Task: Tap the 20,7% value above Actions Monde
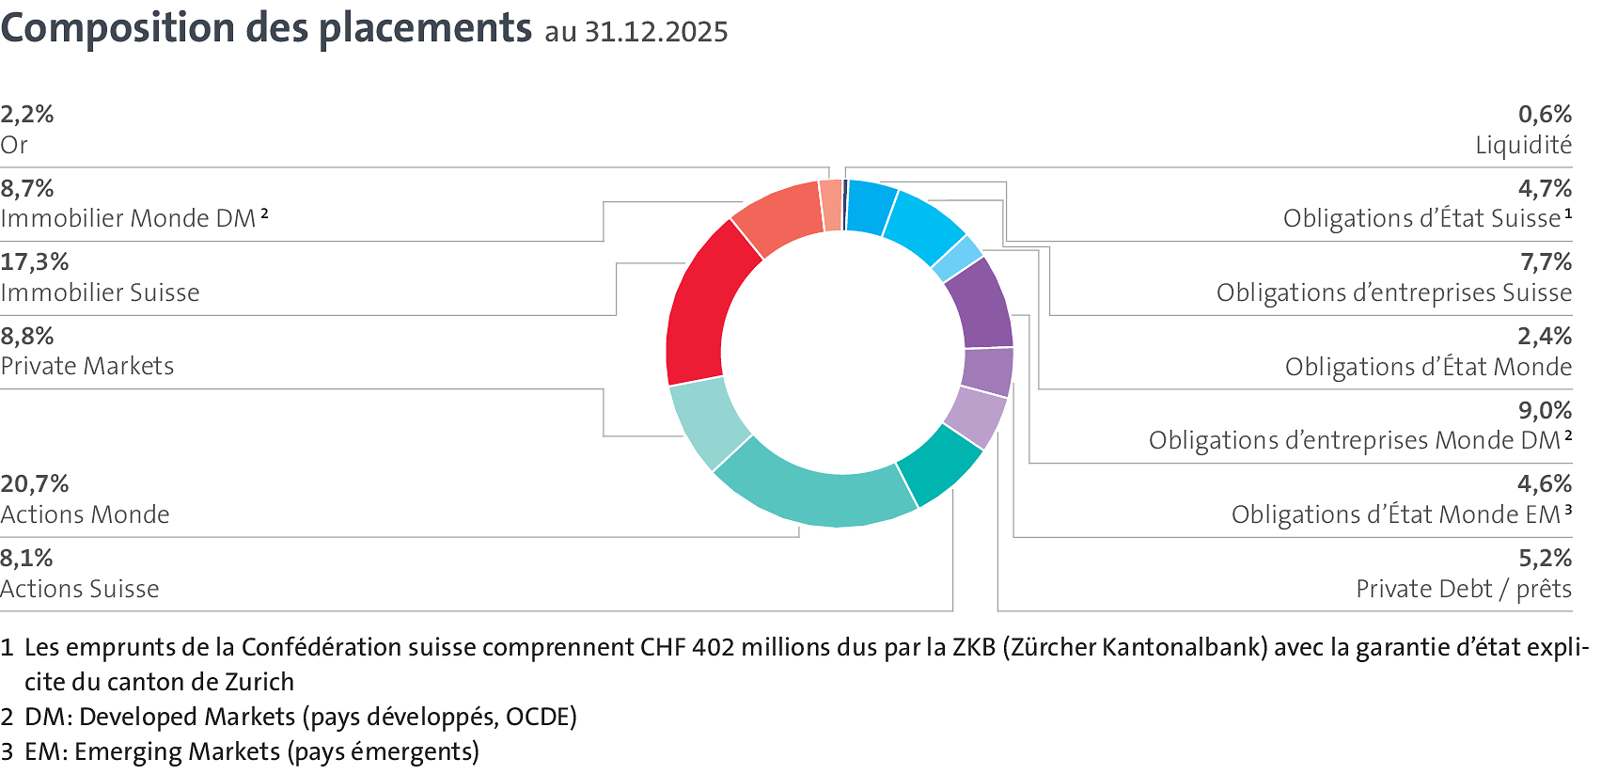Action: tap(35, 484)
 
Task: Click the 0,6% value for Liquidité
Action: tap(1545, 115)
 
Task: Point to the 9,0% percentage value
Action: tap(1545, 411)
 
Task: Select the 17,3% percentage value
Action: tap(35, 262)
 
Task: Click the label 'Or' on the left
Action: tap(14, 146)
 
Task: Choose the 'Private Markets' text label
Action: tap(87, 367)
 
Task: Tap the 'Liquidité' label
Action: tap(1523, 146)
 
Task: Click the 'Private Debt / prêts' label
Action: tap(1464, 590)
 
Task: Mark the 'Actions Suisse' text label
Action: tap(80, 590)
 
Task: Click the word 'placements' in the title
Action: tap(425, 28)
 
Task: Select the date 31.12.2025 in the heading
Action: tap(656, 33)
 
